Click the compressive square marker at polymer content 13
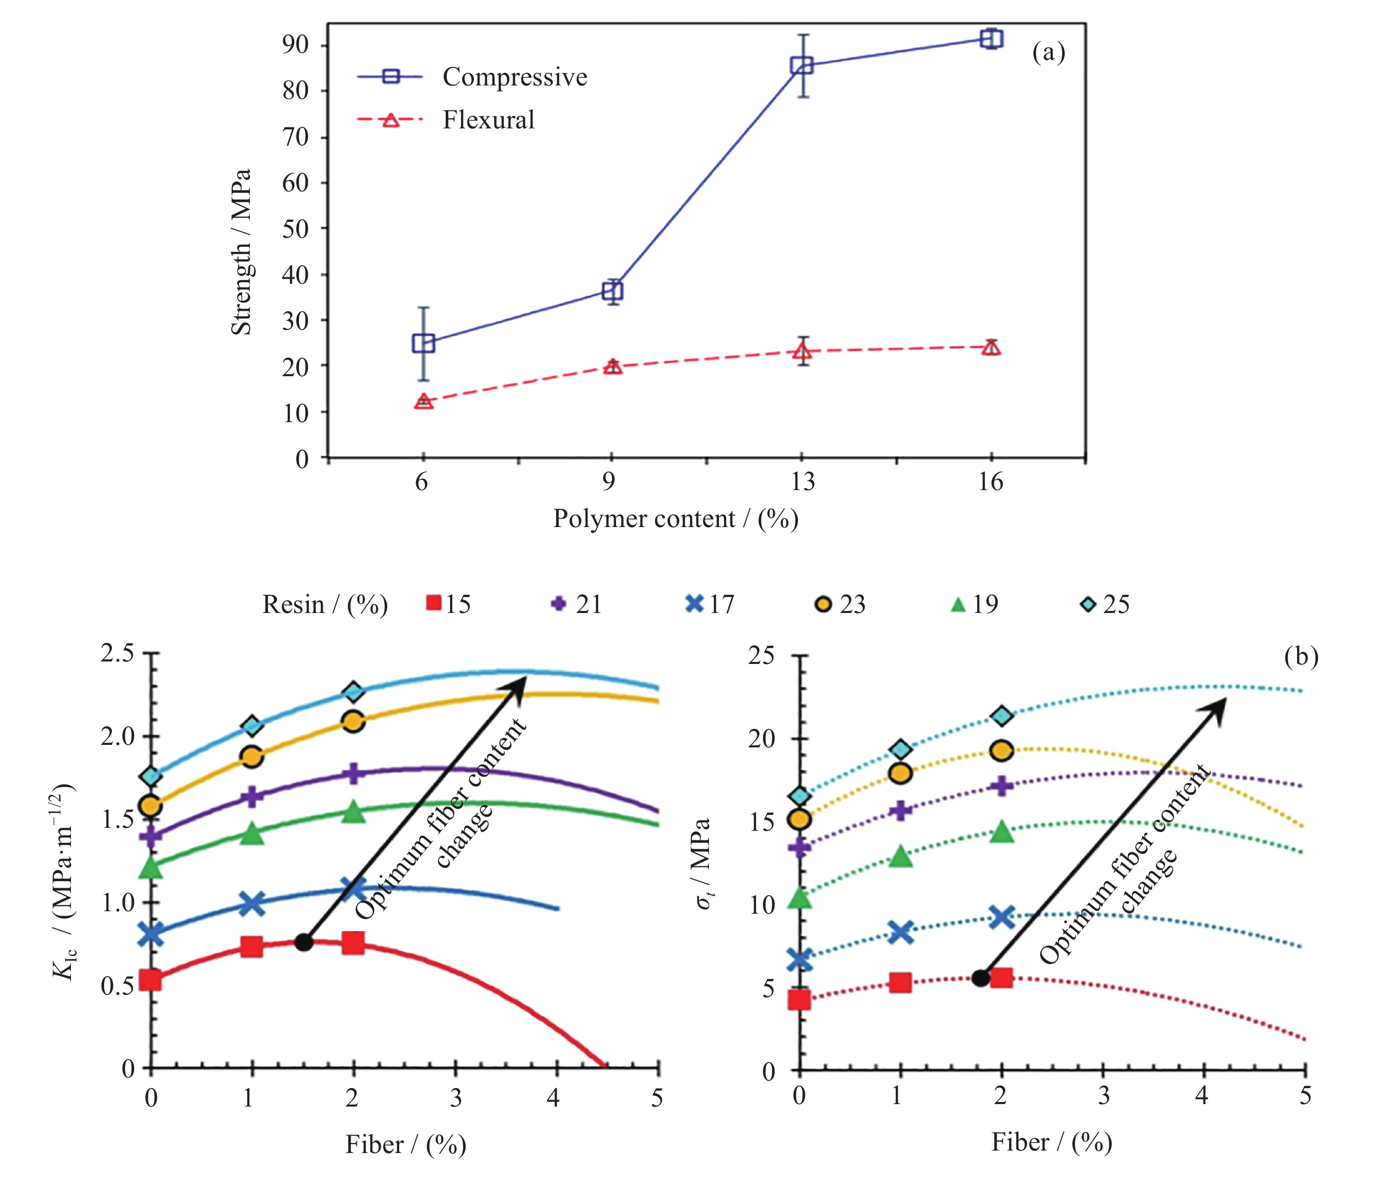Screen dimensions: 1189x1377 coord(802,65)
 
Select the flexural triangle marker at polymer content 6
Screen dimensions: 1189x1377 coord(423,402)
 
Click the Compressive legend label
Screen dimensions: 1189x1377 coord(515,77)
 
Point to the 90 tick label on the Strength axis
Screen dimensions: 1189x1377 coord(296,44)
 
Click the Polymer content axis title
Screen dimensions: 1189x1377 coord(675,519)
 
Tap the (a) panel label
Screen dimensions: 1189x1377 coord(1049,52)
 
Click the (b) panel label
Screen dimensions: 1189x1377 coord(1301,656)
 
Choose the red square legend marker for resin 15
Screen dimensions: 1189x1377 coord(433,603)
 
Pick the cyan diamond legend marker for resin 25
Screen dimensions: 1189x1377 coord(1088,603)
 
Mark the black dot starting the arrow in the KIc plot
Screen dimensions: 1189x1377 coord(303,942)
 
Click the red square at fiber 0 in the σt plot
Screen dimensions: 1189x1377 coord(799,999)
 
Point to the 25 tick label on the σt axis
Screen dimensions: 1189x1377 coord(761,655)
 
